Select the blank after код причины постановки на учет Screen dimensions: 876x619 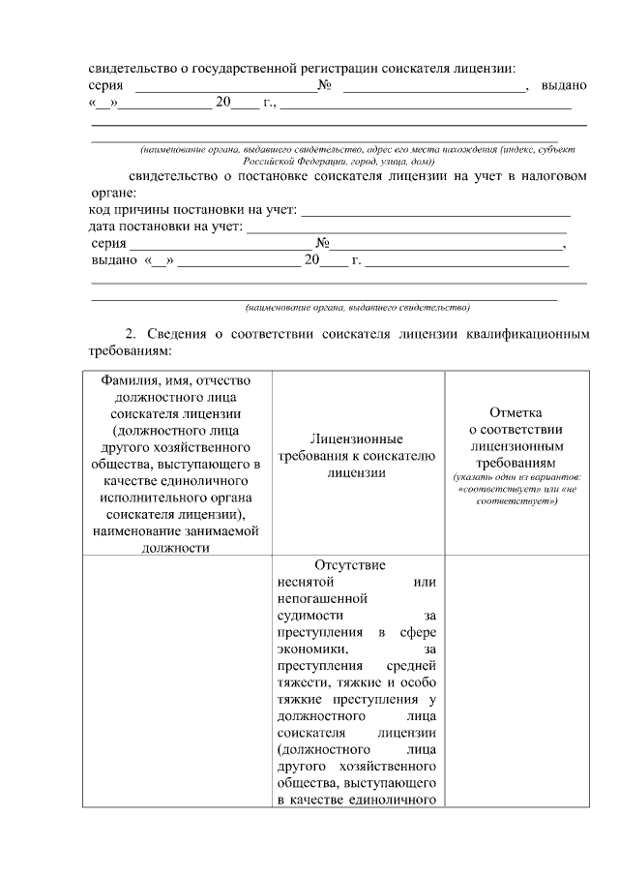(437, 209)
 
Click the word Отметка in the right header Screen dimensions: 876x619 (516, 412)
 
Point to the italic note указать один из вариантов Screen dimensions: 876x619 (516, 477)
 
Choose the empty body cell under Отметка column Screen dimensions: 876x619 (516, 678)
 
